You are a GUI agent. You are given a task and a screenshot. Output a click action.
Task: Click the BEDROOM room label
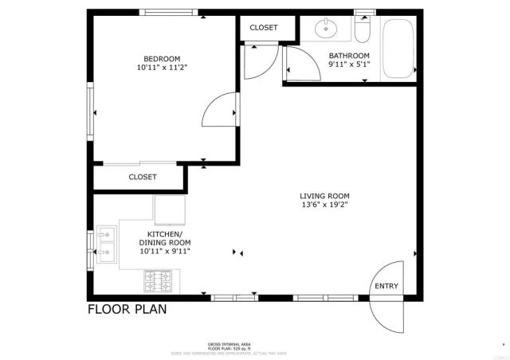click(x=162, y=58)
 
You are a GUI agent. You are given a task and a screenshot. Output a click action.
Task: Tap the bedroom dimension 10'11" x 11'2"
click(x=162, y=68)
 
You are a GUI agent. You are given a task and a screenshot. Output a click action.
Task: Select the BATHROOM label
click(x=349, y=56)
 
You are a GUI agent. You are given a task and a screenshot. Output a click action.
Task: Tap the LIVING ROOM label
click(x=324, y=196)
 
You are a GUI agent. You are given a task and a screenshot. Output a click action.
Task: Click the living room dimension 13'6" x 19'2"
click(x=324, y=205)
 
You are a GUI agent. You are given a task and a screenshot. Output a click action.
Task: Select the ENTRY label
click(x=386, y=287)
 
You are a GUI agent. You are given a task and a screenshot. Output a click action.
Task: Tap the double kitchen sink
click(x=107, y=245)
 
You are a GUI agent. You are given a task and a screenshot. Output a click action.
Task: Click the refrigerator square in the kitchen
click(x=169, y=210)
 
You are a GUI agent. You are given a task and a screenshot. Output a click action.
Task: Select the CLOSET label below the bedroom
click(x=143, y=177)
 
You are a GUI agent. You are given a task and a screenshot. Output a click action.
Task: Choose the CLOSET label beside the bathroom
click(x=264, y=27)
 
